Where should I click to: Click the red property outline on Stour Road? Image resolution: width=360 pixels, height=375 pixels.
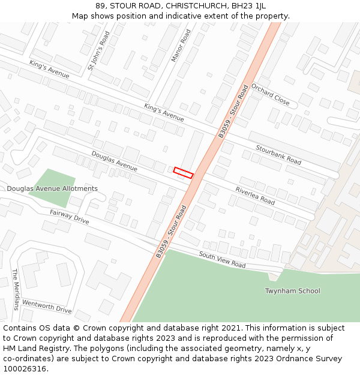click(x=184, y=173)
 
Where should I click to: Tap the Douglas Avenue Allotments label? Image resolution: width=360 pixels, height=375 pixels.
click(x=52, y=188)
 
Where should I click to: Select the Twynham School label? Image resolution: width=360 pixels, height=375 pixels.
click(x=292, y=291)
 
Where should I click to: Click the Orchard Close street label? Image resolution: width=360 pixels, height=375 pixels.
click(x=270, y=94)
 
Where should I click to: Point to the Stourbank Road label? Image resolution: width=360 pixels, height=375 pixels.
click(x=278, y=154)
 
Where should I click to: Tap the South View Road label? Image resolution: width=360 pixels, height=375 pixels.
click(x=222, y=260)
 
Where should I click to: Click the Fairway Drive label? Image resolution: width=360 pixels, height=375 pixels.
click(x=69, y=217)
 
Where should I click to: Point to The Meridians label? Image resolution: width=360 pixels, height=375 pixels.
click(x=16, y=289)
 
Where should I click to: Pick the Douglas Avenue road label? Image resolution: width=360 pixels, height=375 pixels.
click(x=114, y=161)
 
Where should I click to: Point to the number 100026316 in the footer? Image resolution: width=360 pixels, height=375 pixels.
click(x=25, y=369)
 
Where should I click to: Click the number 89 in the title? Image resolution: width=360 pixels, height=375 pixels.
click(x=100, y=6)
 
